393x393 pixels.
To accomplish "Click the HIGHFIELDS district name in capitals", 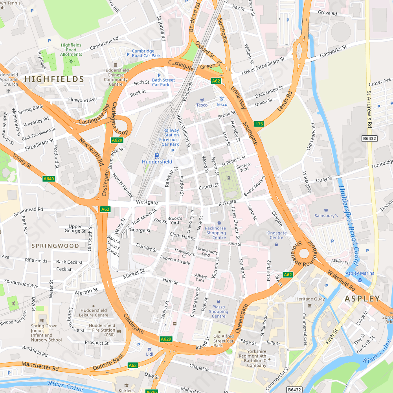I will click(54, 79).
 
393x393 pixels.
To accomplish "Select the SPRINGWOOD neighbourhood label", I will click(55, 246).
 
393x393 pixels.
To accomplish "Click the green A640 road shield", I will click(48, 179).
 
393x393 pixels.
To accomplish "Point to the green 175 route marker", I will click(259, 124).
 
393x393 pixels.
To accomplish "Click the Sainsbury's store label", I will click(326, 215).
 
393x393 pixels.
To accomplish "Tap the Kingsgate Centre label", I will click(277, 235).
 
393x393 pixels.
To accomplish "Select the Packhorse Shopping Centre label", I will click(215, 233).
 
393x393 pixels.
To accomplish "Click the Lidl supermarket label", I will click(149, 354).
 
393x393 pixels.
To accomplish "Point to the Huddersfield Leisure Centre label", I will click(94, 312).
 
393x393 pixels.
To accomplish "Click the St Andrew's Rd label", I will click(369, 110).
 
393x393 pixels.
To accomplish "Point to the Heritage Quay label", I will click(310, 299).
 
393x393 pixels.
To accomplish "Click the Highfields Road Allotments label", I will click(71, 50).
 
